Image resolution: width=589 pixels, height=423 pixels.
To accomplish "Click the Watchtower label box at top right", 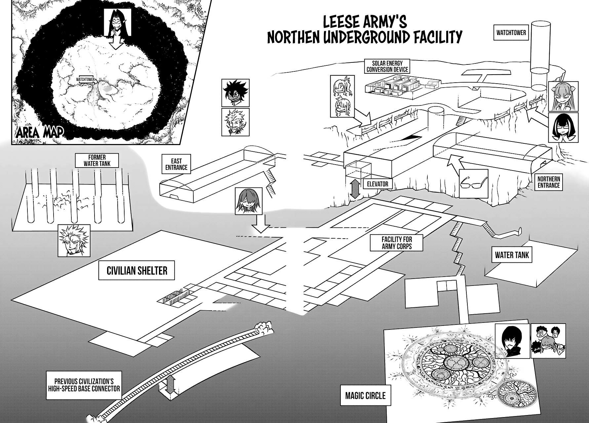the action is (511, 33).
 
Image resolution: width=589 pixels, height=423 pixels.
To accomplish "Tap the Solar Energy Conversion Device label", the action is (387, 66).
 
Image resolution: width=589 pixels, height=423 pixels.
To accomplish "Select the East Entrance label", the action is (176, 164).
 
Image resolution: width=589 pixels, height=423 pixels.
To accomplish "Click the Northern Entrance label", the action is (548, 182).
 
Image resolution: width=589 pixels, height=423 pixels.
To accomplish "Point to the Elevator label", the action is (377, 184).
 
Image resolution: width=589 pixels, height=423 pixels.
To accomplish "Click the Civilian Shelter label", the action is (137, 271).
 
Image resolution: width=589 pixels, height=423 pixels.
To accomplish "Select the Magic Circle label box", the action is (365, 395).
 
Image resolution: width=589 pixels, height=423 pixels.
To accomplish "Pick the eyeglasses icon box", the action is (474, 183).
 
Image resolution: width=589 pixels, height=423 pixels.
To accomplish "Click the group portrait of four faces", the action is (546, 341).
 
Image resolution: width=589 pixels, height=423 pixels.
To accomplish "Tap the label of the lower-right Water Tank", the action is (512, 255).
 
